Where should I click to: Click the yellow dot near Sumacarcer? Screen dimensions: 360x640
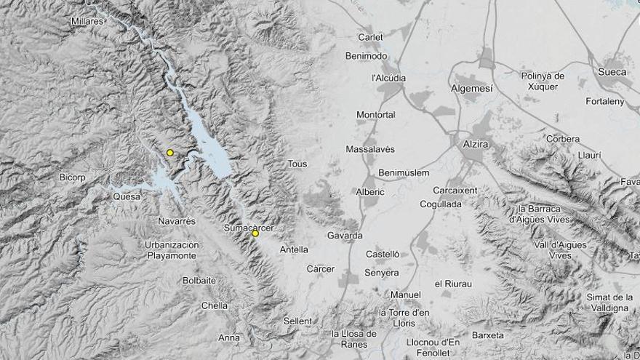[x=255, y=233]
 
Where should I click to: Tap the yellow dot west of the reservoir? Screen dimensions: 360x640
[x=169, y=153]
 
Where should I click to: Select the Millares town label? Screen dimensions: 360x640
[x=87, y=21]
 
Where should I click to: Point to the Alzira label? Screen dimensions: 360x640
[x=475, y=144]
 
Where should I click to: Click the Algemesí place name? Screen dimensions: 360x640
[x=471, y=87]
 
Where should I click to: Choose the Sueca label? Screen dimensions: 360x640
[x=612, y=71]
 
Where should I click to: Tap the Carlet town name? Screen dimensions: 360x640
[x=370, y=37]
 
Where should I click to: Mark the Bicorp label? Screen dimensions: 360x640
[x=73, y=177]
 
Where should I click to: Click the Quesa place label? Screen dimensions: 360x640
[x=127, y=196]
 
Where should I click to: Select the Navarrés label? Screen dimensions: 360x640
[x=177, y=220]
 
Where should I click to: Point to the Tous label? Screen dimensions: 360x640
[x=297, y=164]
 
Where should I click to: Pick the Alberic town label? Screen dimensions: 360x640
[x=370, y=192]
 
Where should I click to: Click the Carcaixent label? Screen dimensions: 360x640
[x=455, y=191]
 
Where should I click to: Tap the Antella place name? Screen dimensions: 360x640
[x=294, y=249]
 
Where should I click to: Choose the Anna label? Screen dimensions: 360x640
[x=228, y=337]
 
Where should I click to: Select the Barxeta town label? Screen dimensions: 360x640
[x=487, y=335]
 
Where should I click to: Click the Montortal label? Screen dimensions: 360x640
[x=376, y=115]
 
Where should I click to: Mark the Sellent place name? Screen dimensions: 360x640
[x=297, y=321]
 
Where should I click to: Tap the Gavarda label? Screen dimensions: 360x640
[x=345, y=236]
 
